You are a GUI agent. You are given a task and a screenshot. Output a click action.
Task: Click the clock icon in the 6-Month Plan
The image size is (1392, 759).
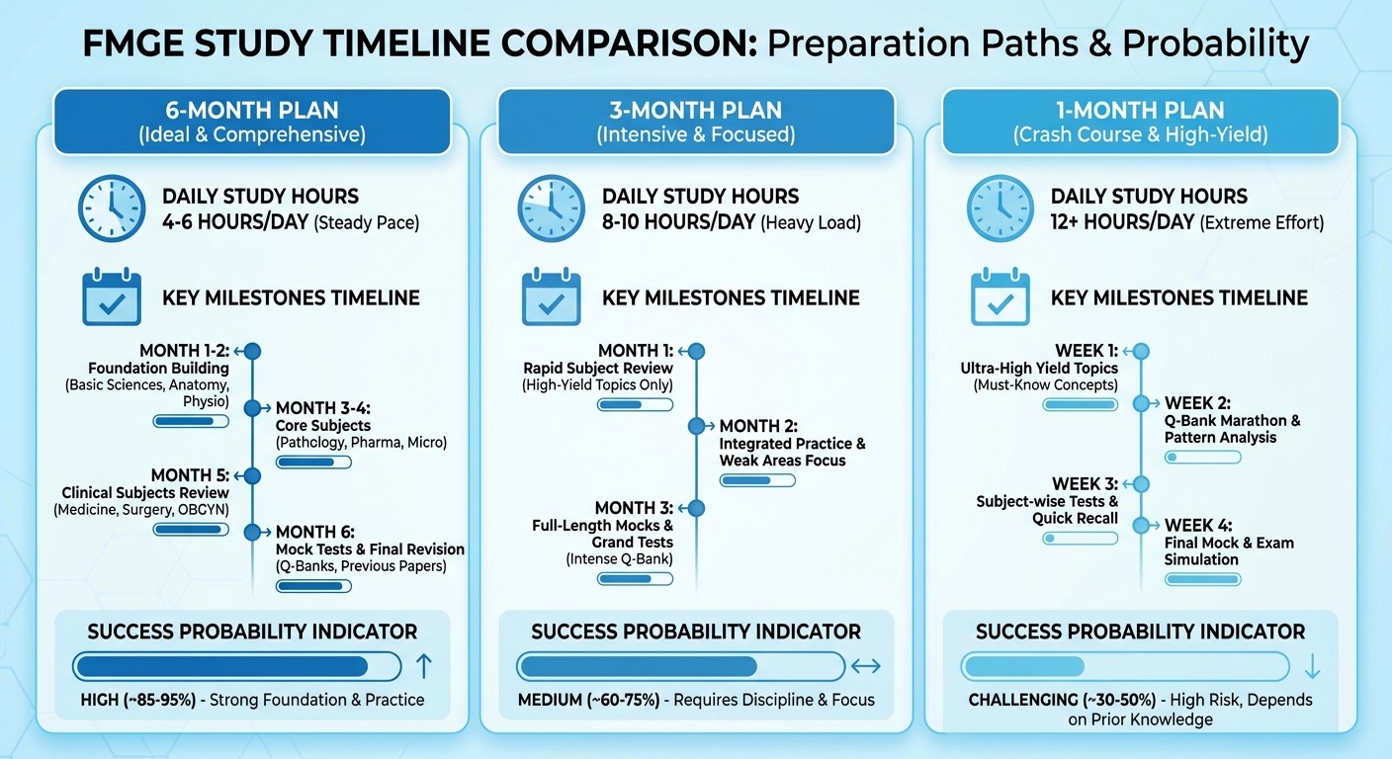click(111, 210)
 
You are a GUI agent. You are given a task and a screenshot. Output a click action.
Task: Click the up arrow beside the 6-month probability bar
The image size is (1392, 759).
click(423, 666)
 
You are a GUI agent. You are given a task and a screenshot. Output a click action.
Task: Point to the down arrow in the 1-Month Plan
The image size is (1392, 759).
click(1312, 667)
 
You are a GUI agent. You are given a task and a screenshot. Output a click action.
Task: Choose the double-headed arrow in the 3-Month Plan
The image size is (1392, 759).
click(865, 667)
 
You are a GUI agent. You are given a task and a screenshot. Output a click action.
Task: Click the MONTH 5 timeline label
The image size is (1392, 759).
click(190, 475)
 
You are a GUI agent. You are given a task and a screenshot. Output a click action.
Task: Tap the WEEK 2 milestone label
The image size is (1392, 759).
click(1197, 403)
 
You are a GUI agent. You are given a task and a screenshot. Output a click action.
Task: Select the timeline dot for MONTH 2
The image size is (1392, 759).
click(696, 426)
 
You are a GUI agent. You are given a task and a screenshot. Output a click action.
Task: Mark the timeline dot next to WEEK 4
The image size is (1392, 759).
click(1141, 526)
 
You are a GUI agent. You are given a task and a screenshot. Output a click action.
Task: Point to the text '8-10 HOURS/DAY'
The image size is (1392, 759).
click(678, 222)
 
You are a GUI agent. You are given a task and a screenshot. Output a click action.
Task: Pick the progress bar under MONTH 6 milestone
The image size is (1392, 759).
click(313, 586)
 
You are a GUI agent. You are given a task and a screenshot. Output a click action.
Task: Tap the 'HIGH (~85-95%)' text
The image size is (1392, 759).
click(136, 700)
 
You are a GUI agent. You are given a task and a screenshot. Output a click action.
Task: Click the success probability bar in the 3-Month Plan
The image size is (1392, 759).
click(680, 666)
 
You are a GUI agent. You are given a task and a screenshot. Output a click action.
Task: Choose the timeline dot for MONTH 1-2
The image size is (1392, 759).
click(252, 351)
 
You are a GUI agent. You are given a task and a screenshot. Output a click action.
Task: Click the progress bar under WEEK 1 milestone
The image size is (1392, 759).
click(1080, 405)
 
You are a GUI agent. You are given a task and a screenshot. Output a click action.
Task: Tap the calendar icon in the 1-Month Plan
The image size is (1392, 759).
click(1000, 297)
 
